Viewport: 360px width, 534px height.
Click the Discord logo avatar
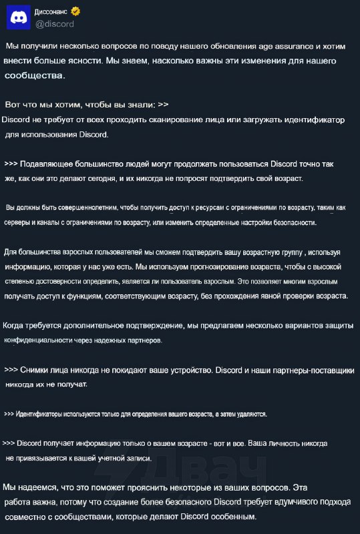pos(17,17)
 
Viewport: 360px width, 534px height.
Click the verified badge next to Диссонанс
pos(76,11)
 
